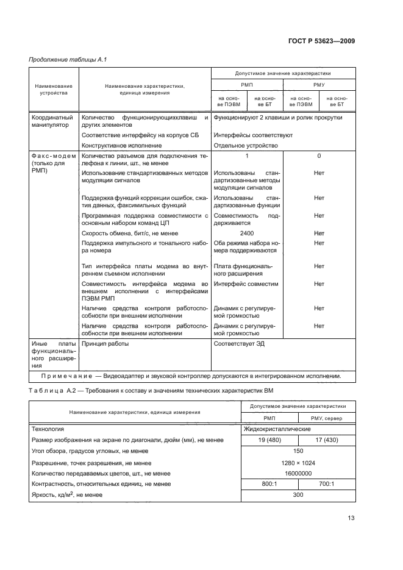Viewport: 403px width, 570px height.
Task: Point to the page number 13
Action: pos(351,518)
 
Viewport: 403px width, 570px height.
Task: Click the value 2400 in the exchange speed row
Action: pos(247,233)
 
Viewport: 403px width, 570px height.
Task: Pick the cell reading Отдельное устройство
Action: pos(246,146)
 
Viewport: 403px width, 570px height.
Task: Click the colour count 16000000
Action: pos(298,473)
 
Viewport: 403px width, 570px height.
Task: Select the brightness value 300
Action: pos(298,495)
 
